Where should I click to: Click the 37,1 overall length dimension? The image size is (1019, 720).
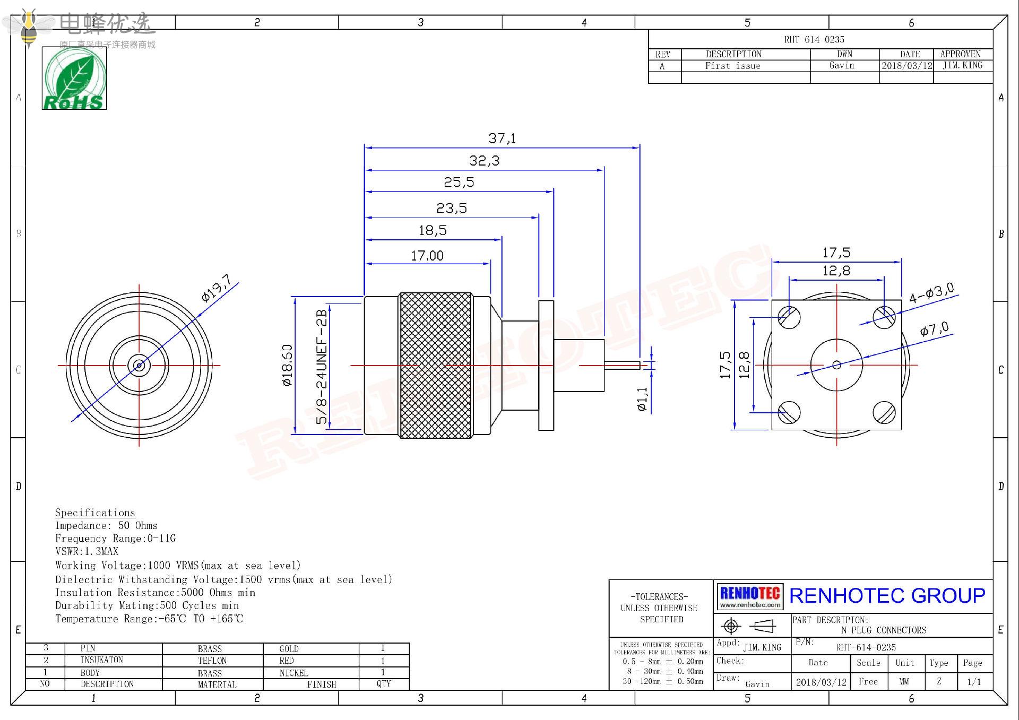(502, 138)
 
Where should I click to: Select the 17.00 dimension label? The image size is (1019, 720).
(427, 256)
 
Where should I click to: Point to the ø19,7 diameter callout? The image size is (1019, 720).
(217, 288)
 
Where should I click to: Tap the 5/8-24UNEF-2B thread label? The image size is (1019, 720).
(322, 367)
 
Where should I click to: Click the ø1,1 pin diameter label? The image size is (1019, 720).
(642, 399)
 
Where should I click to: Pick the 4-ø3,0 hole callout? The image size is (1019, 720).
(931, 293)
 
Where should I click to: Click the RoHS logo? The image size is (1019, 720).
(74, 79)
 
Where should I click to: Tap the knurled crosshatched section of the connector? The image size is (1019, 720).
(435, 365)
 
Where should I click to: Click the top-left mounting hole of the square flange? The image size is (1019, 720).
(789, 317)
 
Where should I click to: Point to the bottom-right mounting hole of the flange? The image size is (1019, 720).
(884, 413)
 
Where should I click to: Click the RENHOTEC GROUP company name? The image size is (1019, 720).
(887, 596)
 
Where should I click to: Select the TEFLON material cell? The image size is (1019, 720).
(212, 661)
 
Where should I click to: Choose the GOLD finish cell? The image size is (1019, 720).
(289, 649)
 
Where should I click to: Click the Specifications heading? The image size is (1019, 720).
(95, 513)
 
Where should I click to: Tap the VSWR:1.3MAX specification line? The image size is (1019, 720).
(87, 551)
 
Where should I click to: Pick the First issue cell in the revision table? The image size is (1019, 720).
(732, 66)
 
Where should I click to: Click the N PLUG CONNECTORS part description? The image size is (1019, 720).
(884, 630)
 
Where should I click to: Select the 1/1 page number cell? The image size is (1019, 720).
(974, 682)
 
